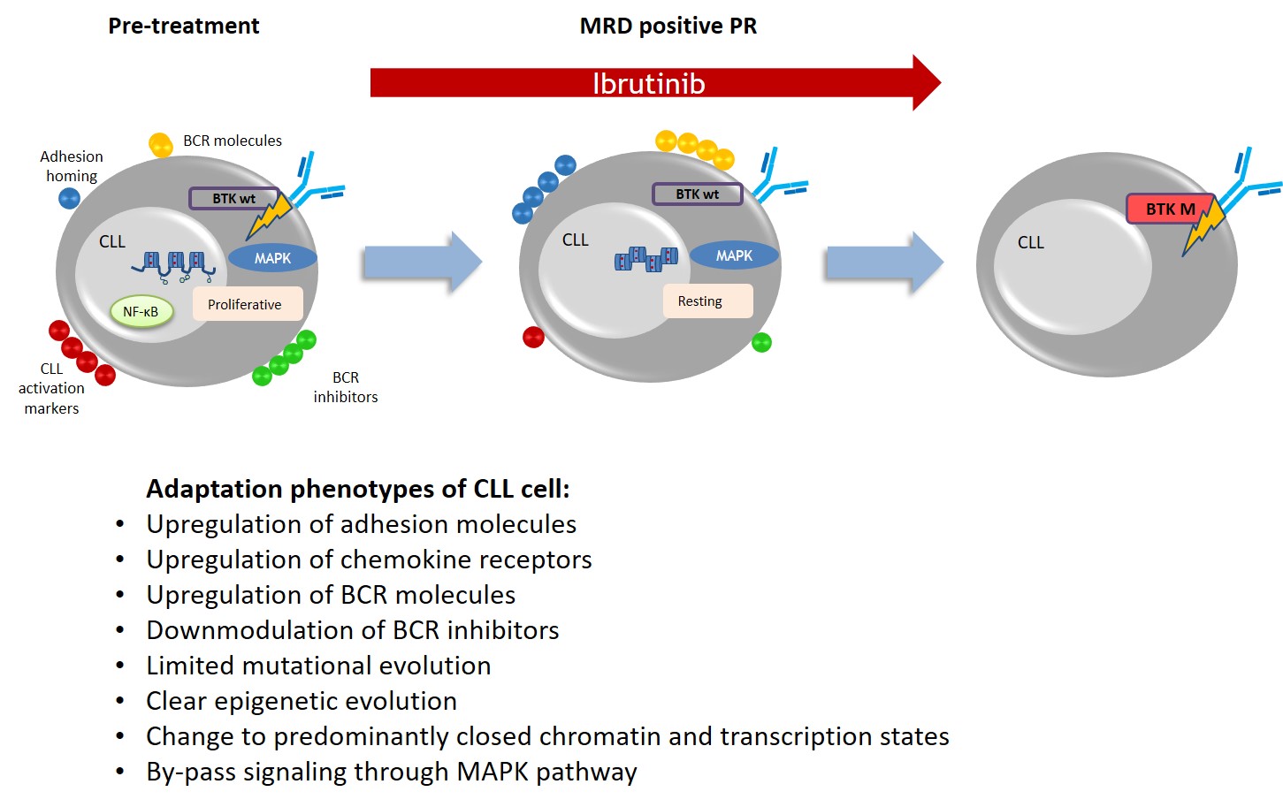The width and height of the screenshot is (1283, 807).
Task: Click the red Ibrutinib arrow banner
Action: (650, 83)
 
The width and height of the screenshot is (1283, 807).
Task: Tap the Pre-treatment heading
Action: (184, 27)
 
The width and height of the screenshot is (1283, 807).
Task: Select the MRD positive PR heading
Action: (668, 27)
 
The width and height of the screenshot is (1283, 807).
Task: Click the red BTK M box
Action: (1169, 209)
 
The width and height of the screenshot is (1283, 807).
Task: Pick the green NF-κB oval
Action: (141, 311)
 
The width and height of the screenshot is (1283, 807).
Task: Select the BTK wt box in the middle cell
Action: (697, 194)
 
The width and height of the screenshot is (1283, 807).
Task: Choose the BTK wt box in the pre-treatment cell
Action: (233, 199)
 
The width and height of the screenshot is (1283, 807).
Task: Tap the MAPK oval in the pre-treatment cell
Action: (272, 258)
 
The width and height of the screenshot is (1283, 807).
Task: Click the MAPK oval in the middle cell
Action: (734, 255)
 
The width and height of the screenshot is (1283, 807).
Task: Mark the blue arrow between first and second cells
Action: (422, 263)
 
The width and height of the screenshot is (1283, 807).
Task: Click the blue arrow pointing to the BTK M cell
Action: (883, 263)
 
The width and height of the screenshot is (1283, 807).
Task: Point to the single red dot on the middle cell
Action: (533, 337)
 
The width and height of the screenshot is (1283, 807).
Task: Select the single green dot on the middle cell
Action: (761, 342)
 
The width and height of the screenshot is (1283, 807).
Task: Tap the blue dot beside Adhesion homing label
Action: (69, 198)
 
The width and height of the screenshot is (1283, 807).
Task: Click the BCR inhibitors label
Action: (346, 387)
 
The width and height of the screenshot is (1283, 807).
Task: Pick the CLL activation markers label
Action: (51, 388)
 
